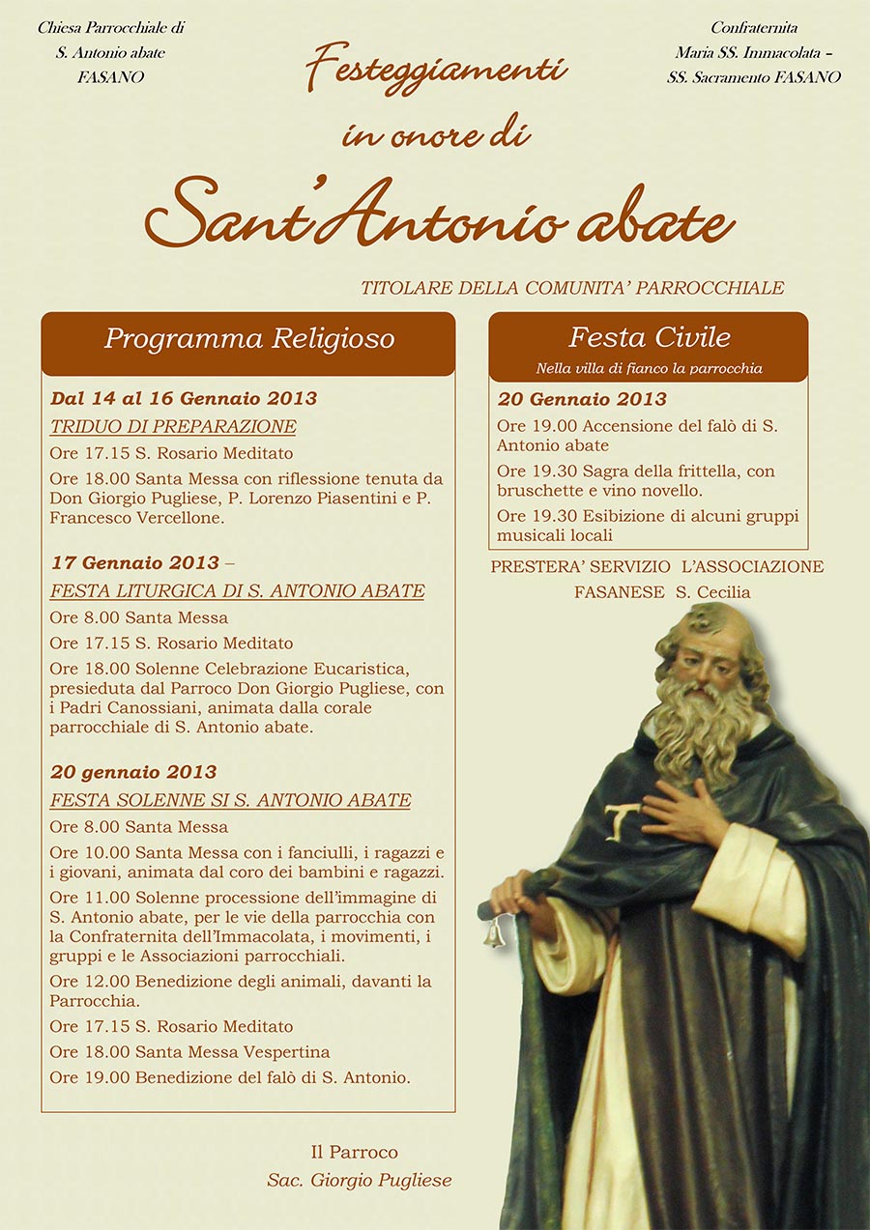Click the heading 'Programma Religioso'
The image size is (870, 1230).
248,339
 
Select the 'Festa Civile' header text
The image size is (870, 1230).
649,337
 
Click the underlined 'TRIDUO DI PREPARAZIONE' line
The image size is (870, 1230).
173,427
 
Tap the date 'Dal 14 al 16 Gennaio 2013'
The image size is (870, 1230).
184,398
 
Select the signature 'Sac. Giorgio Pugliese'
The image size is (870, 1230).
360,1180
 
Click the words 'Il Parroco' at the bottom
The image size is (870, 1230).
354,1152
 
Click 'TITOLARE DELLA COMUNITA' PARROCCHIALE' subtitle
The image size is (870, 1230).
572,288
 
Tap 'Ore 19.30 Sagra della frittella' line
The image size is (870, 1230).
635,472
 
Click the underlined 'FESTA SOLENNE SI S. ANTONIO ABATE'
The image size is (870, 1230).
230,801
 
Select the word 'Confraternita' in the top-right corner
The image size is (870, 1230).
754,28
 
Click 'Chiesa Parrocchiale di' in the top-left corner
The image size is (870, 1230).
111,28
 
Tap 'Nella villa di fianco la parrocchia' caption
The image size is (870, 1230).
649,368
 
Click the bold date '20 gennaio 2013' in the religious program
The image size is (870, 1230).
133,772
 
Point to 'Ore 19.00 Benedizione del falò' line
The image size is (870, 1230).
230,1077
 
